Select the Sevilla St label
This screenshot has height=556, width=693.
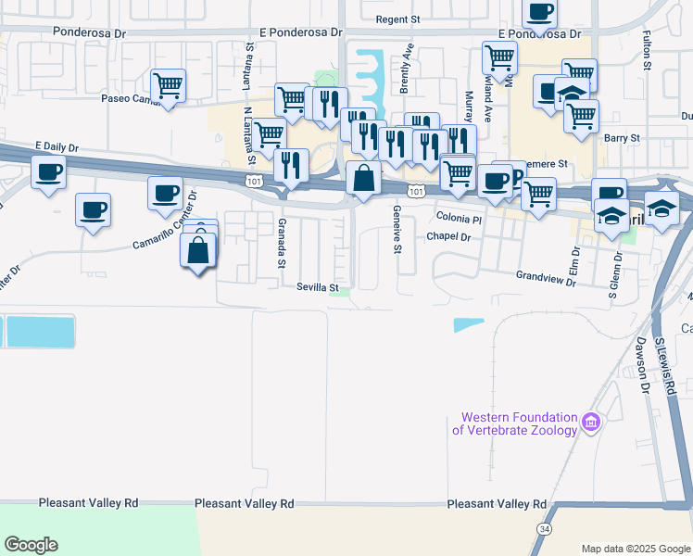[317, 288]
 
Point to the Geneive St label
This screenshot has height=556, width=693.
[397, 231]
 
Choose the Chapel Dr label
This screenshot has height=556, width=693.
[449, 237]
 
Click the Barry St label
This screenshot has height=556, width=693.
[622, 138]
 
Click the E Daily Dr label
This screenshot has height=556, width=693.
[57, 146]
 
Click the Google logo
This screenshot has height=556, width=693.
[31, 545]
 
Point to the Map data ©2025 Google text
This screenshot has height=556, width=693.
[636, 549]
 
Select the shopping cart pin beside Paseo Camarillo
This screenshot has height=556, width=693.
[168, 86]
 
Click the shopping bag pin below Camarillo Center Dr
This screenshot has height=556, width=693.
[198, 250]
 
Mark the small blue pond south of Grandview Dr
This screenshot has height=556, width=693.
[469, 324]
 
